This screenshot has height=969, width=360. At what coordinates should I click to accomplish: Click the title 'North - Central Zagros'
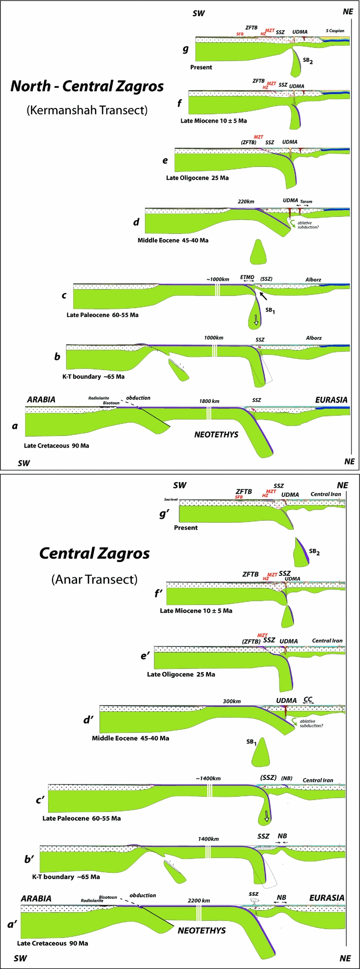(87, 86)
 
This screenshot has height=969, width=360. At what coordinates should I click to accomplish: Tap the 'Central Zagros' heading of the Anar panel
(94, 553)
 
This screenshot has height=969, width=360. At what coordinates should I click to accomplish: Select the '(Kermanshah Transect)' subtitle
(87, 109)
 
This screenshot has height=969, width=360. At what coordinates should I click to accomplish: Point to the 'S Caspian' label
(336, 30)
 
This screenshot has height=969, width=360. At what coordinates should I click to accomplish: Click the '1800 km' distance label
(209, 401)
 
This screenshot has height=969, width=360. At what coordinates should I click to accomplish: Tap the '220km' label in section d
(246, 202)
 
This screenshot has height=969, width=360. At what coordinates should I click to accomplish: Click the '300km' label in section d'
(232, 701)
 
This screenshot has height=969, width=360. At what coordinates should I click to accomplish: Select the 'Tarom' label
(306, 201)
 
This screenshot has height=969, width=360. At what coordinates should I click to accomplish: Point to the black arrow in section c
(264, 296)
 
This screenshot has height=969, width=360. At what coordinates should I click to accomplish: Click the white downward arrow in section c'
(267, 815)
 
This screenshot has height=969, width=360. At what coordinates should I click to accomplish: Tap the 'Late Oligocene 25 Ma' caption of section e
(197, 178)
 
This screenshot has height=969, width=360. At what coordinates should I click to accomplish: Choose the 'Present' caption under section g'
(186, 528)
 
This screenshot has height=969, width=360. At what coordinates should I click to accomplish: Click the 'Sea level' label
(171, 499)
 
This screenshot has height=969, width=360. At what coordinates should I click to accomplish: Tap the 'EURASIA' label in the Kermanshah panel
(331, 400)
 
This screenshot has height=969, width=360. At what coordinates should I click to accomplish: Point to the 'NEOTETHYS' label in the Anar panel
(202, 930)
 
